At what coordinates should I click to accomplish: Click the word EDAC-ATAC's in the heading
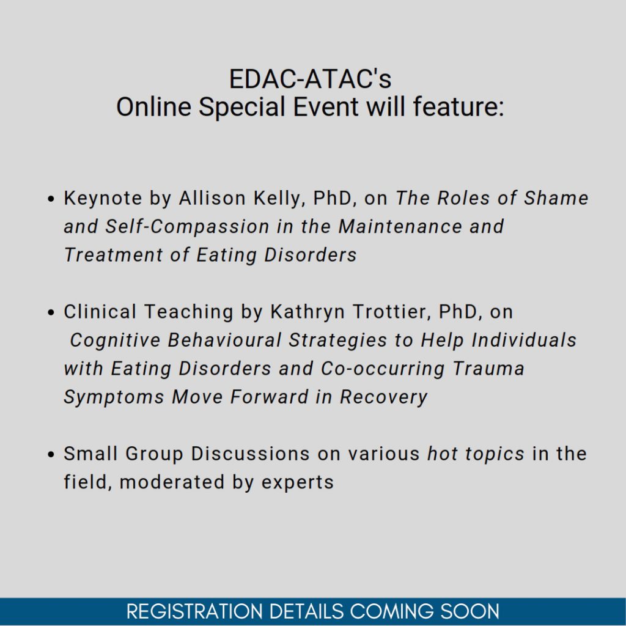[x=310, y=79]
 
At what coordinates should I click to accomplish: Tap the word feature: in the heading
[x=458, y=106]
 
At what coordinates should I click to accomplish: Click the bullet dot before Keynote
[x=50, y=199]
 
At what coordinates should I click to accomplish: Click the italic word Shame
[x=556, y=198]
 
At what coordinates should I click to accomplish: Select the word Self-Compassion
[x=187, y=227]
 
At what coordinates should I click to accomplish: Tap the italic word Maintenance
[x=400, y=226]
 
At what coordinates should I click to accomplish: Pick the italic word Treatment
[x=114, y=255]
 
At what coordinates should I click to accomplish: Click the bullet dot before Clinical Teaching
[x=50, y=312]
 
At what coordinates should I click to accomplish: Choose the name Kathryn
[x=307, y=312]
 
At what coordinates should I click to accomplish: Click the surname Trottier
[x=392, y=312]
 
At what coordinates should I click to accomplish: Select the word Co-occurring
[x=383, y=369]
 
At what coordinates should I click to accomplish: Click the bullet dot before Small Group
[x=50, y=454]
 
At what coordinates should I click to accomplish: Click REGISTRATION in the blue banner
[x=195, y=611]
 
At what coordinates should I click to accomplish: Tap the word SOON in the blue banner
[x=469, y=611]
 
